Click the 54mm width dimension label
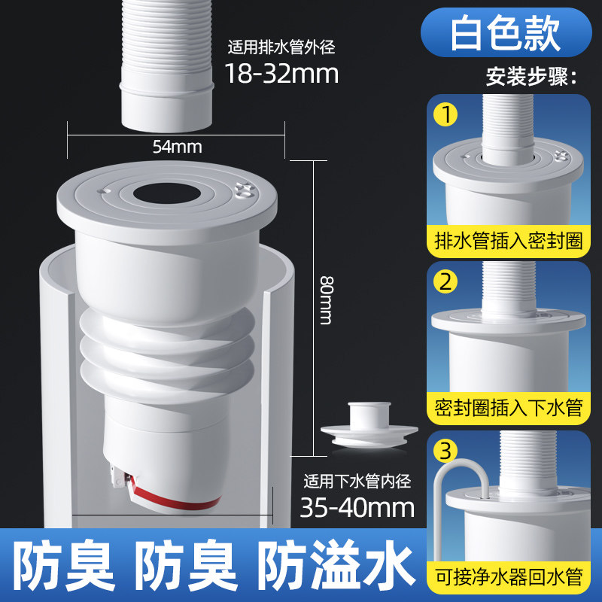pyautogui.click(x=177, y=147)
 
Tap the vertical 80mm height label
pyautogui.click(x=327, y=300)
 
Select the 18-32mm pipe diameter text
pyautogui.click(x=281, y=73)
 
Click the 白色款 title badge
pyautogui.click(x=506, y=32)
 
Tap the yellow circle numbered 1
pyautogui.click(x=445, y=114)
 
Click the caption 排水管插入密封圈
pyautogui.click(x=509, y=241)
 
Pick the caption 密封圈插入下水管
pyautogui.click(x=509, y=408)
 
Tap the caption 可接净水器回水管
pyautogui.click(x=509, y=576)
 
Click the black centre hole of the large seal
pyautogui.click(x=167, y=193)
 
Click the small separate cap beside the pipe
pyautogui.click(x=369, y=425)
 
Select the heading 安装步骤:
pyautogui.click(x=531, y=77)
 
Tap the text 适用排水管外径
pyautogui.click(x=281, y=47)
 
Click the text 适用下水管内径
pyautogui.click(x=357, y=481)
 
